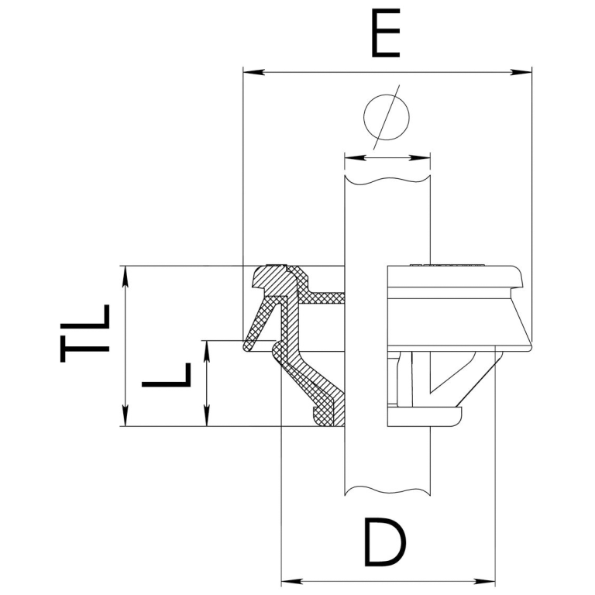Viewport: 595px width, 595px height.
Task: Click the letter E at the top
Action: tap(386, 33)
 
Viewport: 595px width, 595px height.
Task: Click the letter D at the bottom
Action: tap(385, 543)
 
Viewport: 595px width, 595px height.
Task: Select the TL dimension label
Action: tap(85, 333)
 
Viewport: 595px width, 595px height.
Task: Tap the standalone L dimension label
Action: tap(167, 375)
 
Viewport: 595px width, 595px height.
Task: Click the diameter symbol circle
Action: tap(387, 117)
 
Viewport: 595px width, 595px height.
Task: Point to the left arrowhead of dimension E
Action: tap(253, 72)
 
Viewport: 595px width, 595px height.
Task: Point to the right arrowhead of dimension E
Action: tap(521, 72)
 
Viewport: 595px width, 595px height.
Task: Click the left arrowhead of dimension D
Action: tap(291, 581)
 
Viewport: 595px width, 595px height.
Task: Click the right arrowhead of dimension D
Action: tap(485, 581)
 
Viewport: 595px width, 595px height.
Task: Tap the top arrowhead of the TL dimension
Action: tap(126, 277)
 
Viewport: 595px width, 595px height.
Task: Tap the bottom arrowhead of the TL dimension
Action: tap(126, 416)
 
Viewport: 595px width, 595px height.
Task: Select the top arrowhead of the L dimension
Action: tap(207, 351)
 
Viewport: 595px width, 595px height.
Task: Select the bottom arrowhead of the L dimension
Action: tap(207, 416)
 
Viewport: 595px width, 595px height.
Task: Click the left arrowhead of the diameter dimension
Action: tap(354, 157)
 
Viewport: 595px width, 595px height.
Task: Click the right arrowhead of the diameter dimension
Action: tap(420, 157)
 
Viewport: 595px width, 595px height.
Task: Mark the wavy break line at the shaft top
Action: tap(387, 180)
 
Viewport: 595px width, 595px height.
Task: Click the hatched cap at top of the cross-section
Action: tap(271, 279)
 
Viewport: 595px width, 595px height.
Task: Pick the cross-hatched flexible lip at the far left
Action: tap(258, 323)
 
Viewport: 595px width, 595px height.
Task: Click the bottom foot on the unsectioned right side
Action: tap(425, 417)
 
